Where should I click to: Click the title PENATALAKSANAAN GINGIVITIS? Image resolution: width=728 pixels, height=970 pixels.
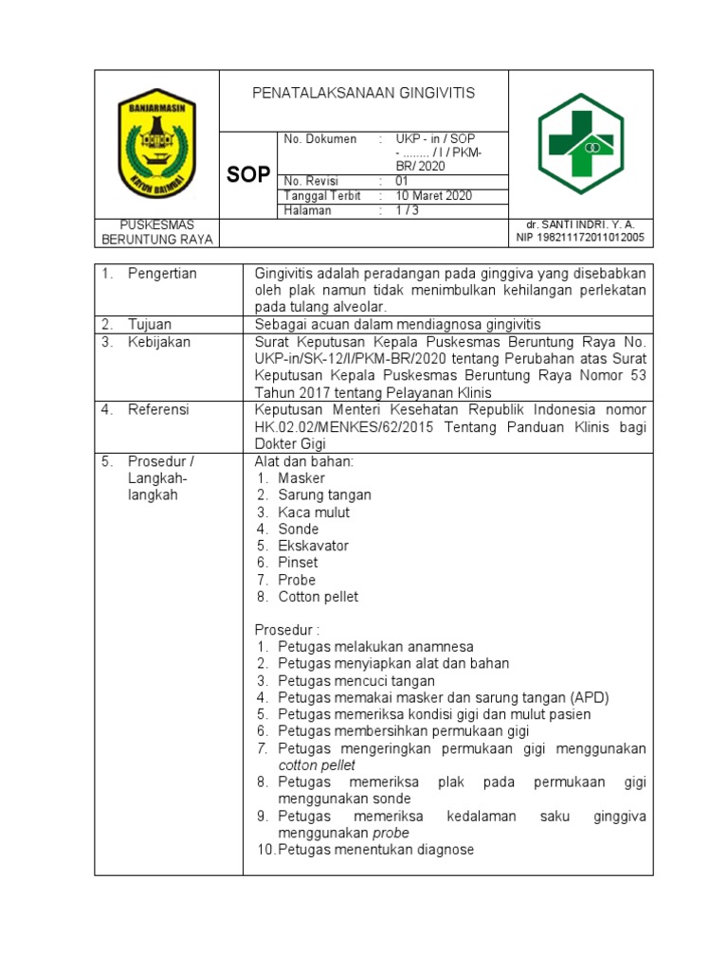363,94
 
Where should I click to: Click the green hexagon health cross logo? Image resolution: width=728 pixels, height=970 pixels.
580,143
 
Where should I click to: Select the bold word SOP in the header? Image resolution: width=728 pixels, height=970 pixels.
248,175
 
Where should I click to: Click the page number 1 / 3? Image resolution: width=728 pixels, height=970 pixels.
410,211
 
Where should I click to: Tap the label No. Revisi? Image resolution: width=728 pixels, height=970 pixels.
311,181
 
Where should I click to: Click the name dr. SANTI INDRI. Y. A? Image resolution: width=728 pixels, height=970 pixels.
581,225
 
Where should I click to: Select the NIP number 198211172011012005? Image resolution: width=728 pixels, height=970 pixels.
580,238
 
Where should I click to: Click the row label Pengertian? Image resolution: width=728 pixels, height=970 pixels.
162,274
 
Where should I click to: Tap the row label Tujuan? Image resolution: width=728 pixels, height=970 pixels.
150,324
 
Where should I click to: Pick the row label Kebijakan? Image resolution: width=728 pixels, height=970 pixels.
159,342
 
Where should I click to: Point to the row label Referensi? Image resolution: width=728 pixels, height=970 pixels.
158,410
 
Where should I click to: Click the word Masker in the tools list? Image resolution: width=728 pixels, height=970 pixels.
301,478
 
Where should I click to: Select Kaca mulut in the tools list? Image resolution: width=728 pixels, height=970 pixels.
314,512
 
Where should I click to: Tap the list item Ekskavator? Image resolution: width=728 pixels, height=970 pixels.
314,547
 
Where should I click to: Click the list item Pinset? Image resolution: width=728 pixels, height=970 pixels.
299,563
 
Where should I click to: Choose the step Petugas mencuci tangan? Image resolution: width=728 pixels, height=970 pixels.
356,681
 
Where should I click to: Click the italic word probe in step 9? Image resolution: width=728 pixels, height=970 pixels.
391,833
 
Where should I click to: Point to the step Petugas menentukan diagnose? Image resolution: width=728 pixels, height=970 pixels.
375,850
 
